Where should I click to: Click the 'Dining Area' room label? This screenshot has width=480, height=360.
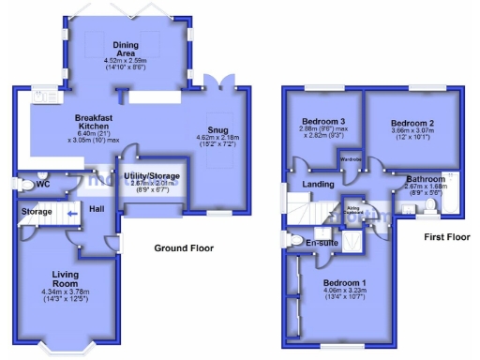click(x=126, y=49)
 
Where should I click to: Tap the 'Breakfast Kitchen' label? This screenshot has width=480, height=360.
click(x=93, y=122)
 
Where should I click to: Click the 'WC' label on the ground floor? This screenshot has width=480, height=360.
click(x=42, y=185)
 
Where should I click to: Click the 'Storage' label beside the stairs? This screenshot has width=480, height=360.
click(x=37, y=213)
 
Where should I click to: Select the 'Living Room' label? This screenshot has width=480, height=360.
click(x=70, y=279)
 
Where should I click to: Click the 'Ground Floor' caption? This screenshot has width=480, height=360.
click(x=185, y=248)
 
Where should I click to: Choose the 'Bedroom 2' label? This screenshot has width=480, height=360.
click(x=412, y=124)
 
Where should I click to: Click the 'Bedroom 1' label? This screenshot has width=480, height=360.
click(x=345, y=282)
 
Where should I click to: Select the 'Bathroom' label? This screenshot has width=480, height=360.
click(x=426, y=177)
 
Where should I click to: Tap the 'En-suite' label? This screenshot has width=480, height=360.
click(x=322, y=243)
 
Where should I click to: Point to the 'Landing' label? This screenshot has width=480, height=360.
click(x=319, y=185)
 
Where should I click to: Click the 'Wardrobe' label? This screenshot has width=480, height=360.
click(x=351, y=159)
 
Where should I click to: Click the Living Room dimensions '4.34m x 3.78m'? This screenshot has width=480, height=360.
click(x=70, y=293)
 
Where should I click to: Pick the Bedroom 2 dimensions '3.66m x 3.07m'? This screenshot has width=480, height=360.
click(x=412, y=134)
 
